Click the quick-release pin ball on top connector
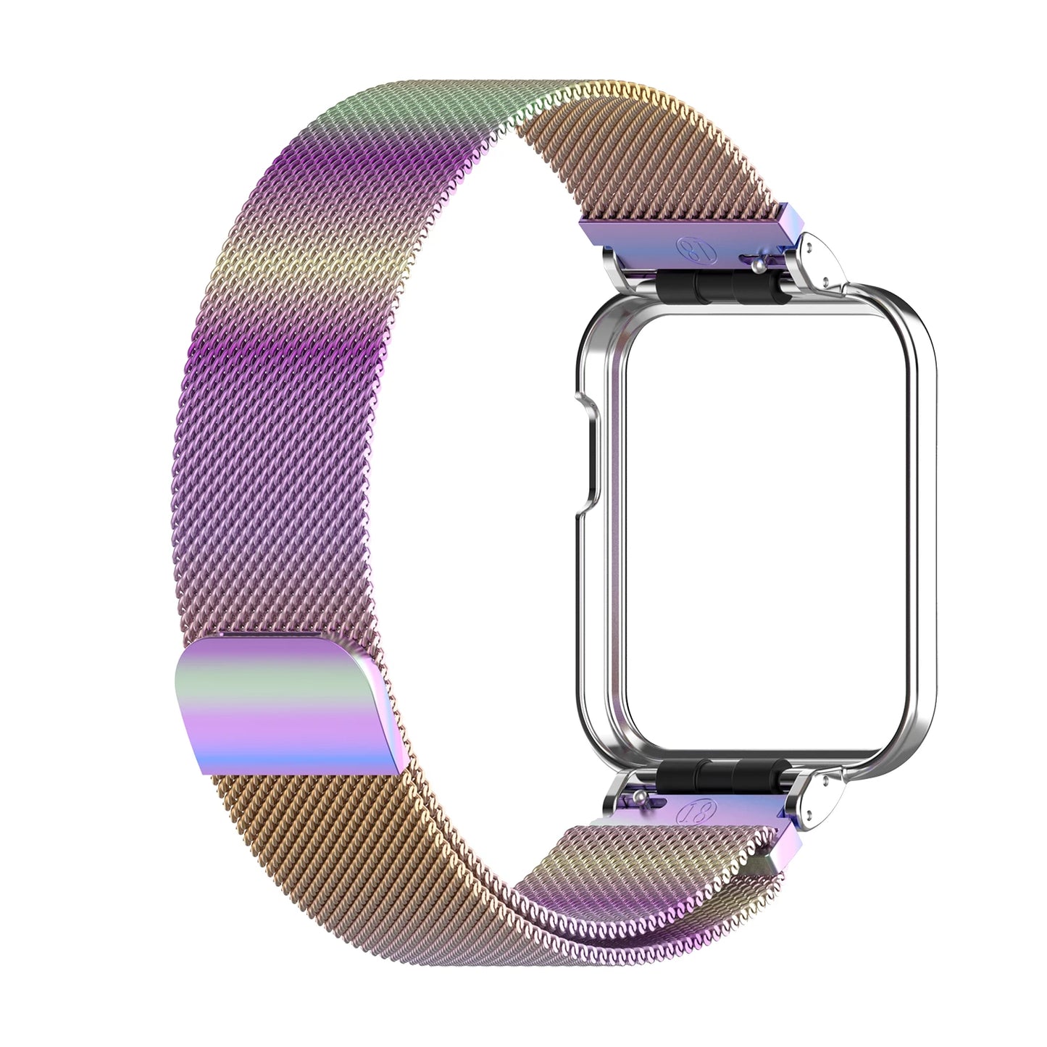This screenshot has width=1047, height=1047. click(x=759, y=266)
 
